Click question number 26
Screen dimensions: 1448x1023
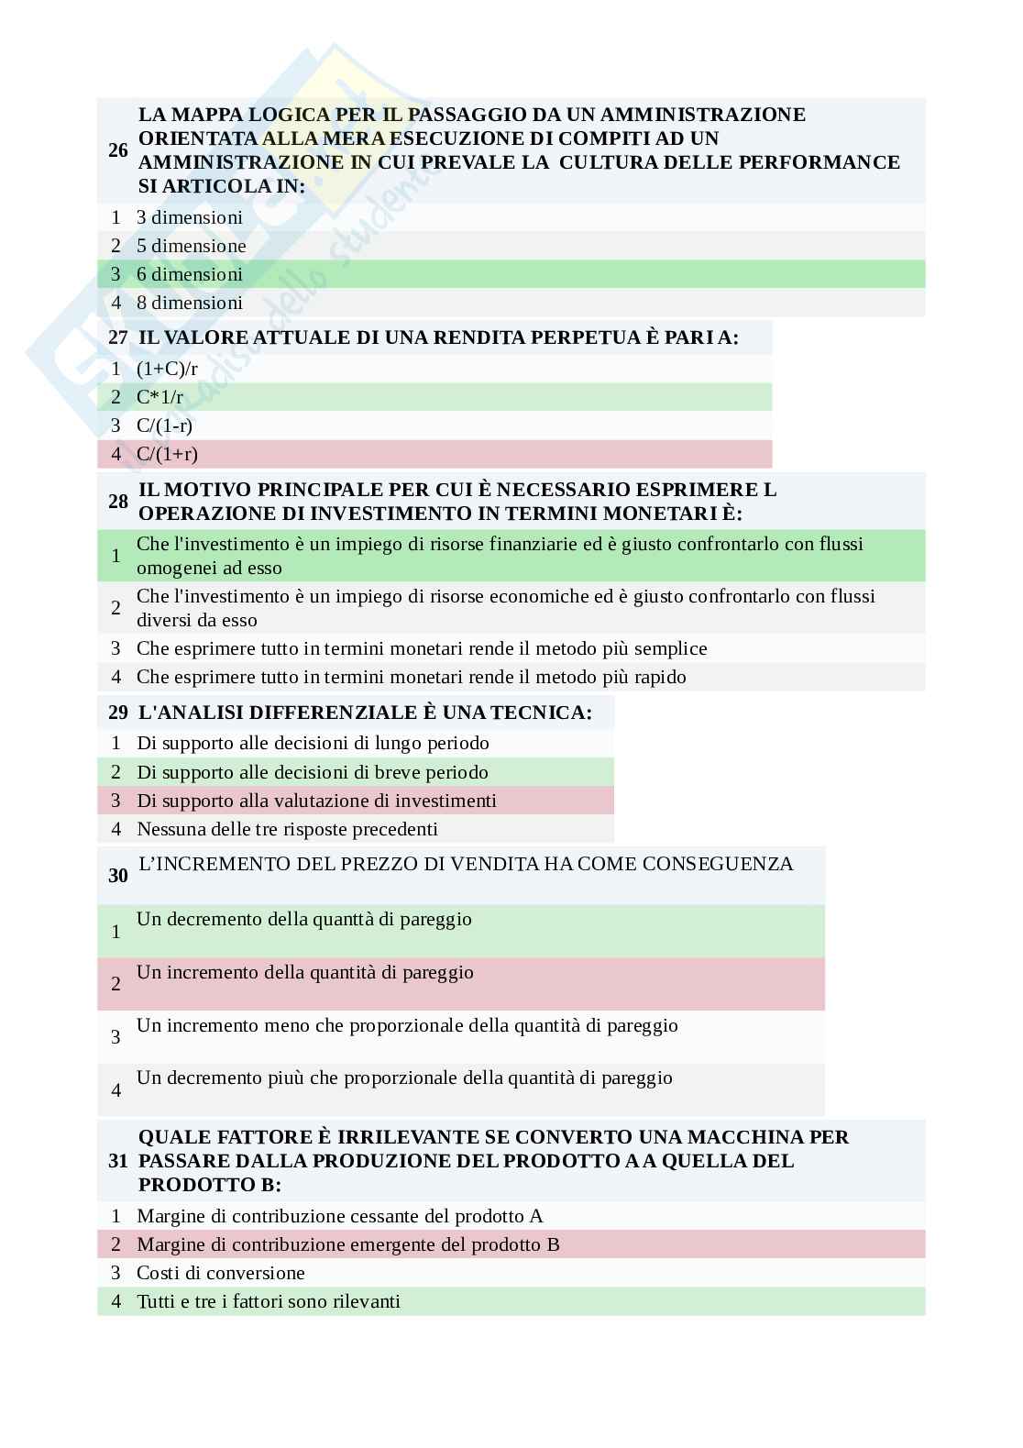tap(117, 150)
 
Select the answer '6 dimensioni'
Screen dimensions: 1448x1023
tap(190, 274)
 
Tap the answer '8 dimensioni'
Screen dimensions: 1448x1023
tap(190, 303)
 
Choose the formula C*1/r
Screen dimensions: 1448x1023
tap(159, 397)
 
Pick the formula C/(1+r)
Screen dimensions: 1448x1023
tap(167, 454)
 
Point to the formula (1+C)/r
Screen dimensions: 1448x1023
tap(167, 369)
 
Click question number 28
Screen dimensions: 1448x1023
tap(117, 501)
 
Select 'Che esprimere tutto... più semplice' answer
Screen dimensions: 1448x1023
tap(422, 648)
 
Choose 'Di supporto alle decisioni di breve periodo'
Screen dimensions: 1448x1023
tap(313, 772)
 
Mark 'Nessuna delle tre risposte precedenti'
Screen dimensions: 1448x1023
tap(287, 829)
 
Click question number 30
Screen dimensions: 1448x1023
tap(117, 876)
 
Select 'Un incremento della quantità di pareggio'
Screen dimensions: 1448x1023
tap(305, 972)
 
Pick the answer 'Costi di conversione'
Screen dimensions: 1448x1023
tap(221, 1273)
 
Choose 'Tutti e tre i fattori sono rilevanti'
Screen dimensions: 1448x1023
tap(269, 1301)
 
